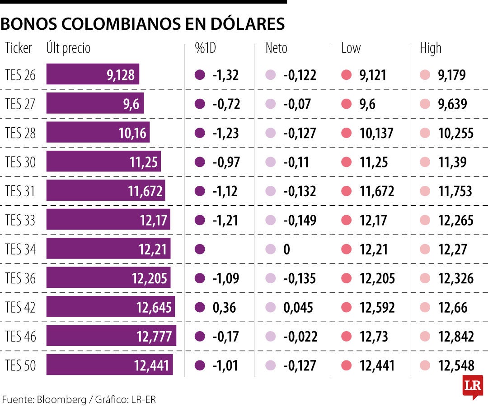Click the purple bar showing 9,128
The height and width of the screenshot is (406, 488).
click(x=93, y=75)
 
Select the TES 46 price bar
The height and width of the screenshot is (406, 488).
click(x=111, y=336)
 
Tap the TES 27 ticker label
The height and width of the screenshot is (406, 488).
click(x=20, y=104)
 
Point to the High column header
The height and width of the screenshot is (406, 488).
click(x=430, y=48)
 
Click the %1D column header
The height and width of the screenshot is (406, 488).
click(x=206, y=48)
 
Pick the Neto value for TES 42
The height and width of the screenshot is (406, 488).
click(x=298, y=307)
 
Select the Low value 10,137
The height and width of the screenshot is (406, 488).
click(x=376, y=133)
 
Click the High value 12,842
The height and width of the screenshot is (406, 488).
click(x=456, y=336)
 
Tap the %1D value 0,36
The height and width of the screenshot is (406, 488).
click(x=225, y=307)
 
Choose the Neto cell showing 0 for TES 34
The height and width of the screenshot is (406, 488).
click(x=286, y=249)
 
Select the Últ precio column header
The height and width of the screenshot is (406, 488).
click(x=68, y=48)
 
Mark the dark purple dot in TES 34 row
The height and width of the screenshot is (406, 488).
click(x=200, y=249)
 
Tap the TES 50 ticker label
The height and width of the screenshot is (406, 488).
click(x=20, y=365)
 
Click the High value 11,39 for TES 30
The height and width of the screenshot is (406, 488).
click(x=452, y=162)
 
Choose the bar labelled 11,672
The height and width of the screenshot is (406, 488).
click(x=106, y=191)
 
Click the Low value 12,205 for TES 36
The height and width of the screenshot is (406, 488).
click(x=377, y=278)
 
